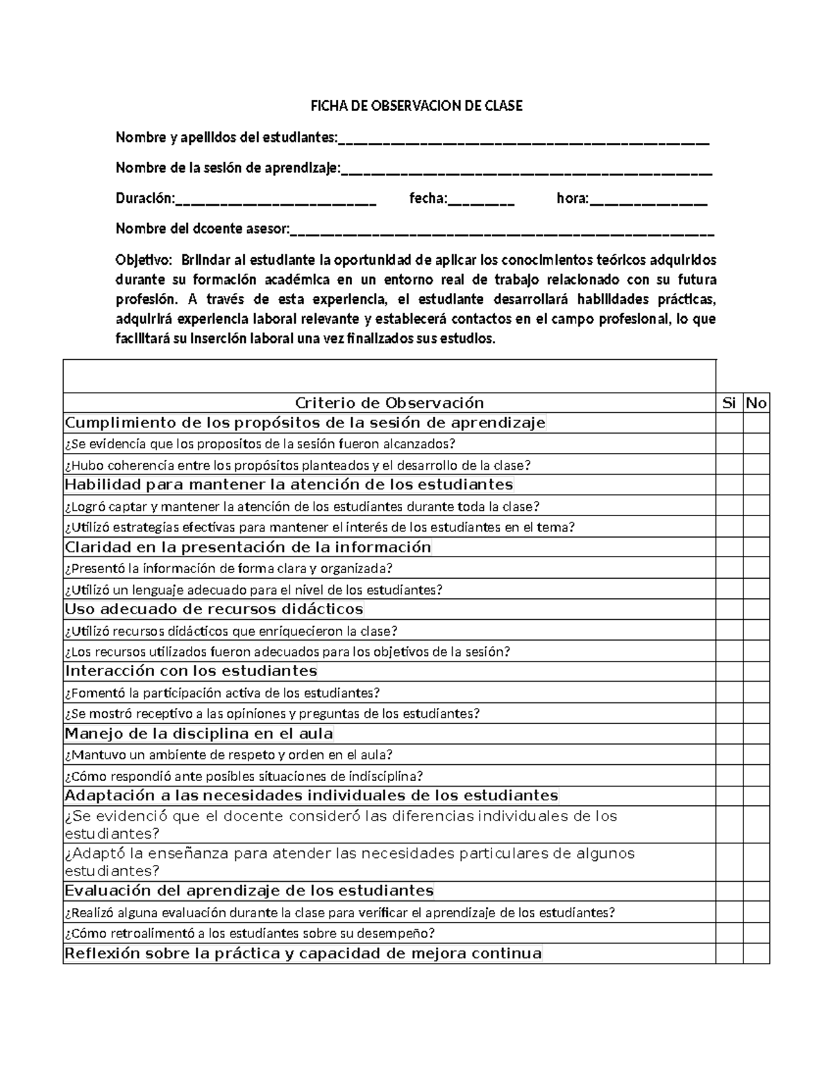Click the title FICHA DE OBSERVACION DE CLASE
click(416, 106)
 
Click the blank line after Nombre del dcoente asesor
click(502, 232)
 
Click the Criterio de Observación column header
click(389, 403)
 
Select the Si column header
click(729, 403)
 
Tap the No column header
click(757, 403)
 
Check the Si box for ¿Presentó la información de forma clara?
click(729, 568)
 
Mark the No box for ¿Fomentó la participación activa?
click(757, 693)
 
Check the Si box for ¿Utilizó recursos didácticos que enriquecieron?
click(729, 631)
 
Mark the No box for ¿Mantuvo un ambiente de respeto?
click(757, 755)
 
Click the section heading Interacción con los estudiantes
click(191, 671)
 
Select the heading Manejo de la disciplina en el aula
click(199, 734)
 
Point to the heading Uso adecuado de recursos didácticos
click(214, 609)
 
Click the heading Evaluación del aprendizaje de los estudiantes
click(249, 891)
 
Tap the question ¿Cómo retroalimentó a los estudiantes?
click(249, 933)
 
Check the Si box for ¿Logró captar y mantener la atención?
click(729, 506)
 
